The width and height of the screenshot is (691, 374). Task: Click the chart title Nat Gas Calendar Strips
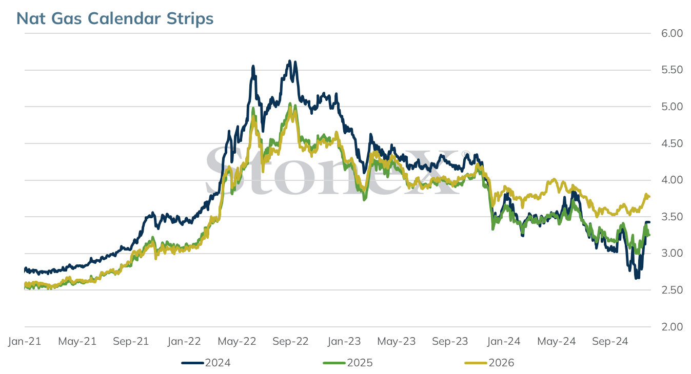click(x=115, y=18)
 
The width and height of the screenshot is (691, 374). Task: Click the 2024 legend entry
click(x=206, y=363)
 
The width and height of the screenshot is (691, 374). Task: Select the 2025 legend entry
click(x=348, y=363)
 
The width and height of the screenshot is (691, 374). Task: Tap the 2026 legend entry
click(x=489, y=363)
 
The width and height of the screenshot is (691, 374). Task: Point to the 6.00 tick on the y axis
click(x=672, y=33)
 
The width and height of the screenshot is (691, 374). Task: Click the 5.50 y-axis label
click(x=672, y=70)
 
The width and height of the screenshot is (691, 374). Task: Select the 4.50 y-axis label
click(x=672, y=143)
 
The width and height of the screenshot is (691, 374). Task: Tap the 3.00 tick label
click(x=672, y=253)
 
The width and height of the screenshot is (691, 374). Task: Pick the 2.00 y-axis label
click(x=672, y=326)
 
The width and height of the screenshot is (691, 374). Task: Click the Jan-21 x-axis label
click(x=25, y=341)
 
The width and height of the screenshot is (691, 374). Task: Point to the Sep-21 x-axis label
click(x=131, y=341)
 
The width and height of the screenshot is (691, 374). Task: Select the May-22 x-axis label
click(x=237, y=341)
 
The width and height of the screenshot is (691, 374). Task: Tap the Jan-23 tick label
click(x=344, y=341)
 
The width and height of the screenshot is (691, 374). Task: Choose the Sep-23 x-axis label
click(x=450, y=341)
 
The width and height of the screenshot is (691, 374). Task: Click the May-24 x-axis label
click(x=557, y=341)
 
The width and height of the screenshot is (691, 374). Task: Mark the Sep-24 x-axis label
click(x=610, y=341)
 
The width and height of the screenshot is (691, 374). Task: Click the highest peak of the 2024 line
click(x=290, y=61)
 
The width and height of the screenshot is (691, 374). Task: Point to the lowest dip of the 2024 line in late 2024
click(x=637, y=278)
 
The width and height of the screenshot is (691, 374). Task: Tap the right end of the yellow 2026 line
click(x=649, y=197)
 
